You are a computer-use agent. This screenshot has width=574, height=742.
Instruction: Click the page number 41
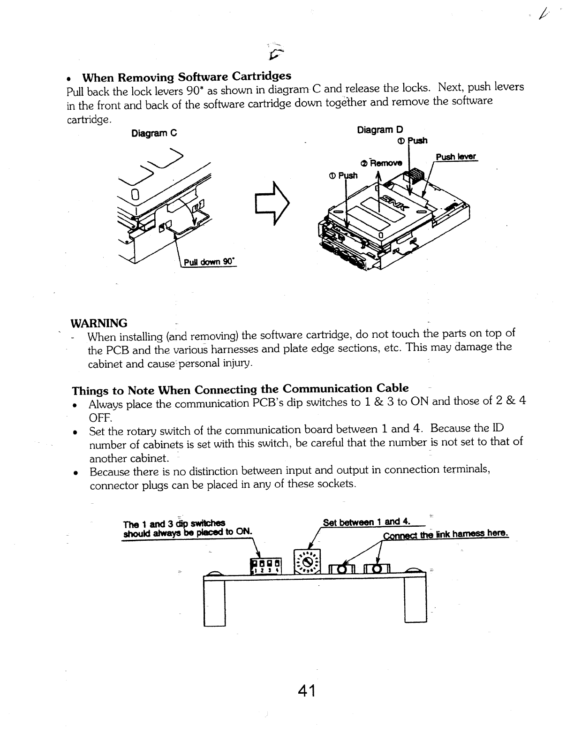(307, 691)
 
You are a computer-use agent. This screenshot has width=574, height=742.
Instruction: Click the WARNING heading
(98, 323)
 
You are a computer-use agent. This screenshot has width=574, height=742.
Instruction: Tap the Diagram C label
(154, 133)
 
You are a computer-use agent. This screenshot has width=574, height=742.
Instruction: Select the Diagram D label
(380, 129)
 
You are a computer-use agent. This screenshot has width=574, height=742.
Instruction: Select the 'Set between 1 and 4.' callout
(367, 522)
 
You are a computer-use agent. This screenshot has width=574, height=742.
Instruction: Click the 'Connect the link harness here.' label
(446, 535)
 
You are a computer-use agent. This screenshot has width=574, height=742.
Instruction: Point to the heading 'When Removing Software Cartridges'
(187, 76)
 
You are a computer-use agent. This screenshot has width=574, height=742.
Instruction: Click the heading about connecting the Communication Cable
(240, 389)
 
